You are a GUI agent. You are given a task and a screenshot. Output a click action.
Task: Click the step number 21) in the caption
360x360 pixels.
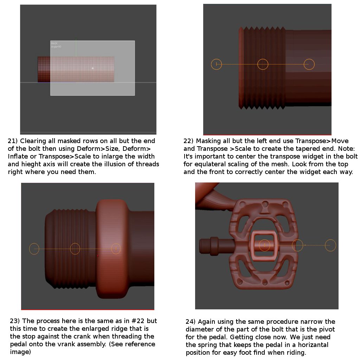[13, 141]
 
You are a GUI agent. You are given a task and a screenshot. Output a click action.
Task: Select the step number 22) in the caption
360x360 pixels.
[188, 141]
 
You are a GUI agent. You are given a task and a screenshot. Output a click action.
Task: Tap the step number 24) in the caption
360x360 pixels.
[191, 322]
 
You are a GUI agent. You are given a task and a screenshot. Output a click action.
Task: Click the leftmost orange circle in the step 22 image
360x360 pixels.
[217, 64]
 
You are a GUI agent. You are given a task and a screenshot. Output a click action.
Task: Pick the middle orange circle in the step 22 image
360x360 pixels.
[263, 64]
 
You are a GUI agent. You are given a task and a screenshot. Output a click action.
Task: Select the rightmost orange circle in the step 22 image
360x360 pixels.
[309, 64]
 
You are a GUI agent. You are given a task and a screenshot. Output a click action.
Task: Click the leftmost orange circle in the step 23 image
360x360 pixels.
[34, 249]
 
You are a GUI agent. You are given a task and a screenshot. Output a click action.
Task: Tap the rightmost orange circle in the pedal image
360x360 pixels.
[330, 245]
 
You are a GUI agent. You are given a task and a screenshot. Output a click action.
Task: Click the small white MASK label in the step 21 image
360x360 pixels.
[54, 43]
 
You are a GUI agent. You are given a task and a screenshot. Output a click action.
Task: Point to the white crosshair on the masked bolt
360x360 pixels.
[92, 68]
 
